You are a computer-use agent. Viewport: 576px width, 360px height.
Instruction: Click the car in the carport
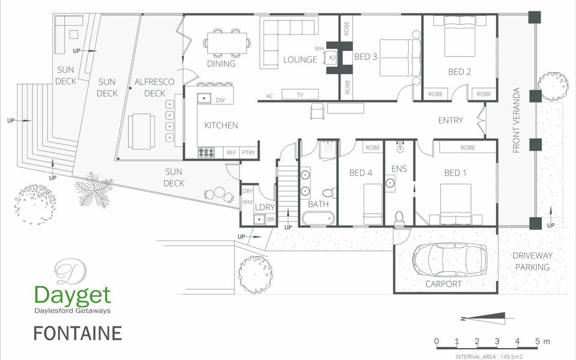click(449, 259)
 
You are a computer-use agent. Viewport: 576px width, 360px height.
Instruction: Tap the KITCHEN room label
click(221, 125)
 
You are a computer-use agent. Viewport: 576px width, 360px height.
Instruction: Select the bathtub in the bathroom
click(318, 218)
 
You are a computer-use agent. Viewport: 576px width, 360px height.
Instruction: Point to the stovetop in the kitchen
click(206, 152)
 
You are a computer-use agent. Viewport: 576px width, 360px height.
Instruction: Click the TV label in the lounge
click(300, 95)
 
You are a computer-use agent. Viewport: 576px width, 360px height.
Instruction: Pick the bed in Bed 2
click(460, 37)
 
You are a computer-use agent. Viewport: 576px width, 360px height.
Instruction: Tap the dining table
click(227, 43)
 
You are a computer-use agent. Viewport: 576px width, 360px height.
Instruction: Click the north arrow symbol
click(482, 318)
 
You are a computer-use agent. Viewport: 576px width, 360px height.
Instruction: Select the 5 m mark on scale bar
click(538, 341)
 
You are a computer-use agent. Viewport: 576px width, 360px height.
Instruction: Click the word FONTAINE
click(78, 334)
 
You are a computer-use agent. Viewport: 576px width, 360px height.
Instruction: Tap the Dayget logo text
click(73, 296)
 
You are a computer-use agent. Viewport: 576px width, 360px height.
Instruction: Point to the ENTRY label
click(451, 121)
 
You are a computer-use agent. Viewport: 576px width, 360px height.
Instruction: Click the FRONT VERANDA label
click(516, 120)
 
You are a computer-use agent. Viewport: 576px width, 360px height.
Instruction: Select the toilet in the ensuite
click(399, 217)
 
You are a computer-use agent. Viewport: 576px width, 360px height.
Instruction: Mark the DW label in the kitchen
click(220, 100)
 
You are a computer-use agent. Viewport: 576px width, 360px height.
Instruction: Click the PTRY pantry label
click(248, 152)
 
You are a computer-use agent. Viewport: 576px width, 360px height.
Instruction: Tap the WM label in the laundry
click(247, 202)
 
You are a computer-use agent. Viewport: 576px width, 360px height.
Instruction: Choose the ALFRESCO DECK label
click(154, 88)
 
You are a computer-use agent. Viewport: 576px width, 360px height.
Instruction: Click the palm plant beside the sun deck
click(94, 190)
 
